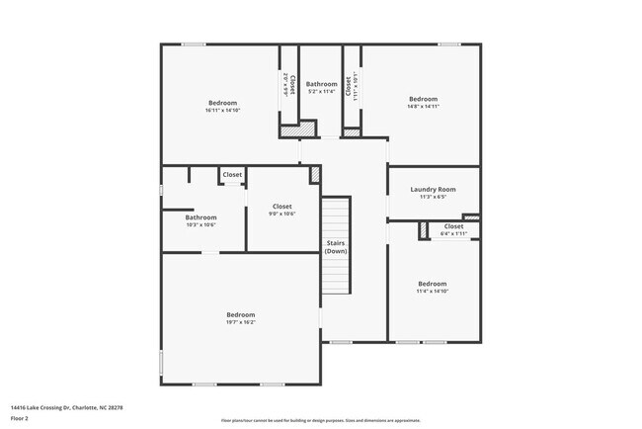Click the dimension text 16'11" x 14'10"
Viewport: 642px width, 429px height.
222,110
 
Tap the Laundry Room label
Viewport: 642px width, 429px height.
433,189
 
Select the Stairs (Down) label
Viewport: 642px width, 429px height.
336,247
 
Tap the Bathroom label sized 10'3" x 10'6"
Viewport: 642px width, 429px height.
201,217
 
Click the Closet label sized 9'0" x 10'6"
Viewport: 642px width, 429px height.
281,207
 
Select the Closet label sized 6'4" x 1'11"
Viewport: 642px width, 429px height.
453,226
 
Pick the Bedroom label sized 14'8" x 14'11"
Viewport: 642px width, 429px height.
423,99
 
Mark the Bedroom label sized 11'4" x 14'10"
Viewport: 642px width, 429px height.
432,284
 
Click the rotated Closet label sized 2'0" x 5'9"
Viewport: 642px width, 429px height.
288,83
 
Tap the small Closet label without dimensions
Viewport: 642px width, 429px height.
232,175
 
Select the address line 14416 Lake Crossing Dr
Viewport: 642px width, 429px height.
66,406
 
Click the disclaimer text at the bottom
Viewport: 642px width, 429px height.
320,420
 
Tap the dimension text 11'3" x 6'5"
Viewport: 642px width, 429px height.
433,197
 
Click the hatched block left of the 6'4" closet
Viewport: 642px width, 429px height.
424,230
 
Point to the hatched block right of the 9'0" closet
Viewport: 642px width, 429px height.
315,174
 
